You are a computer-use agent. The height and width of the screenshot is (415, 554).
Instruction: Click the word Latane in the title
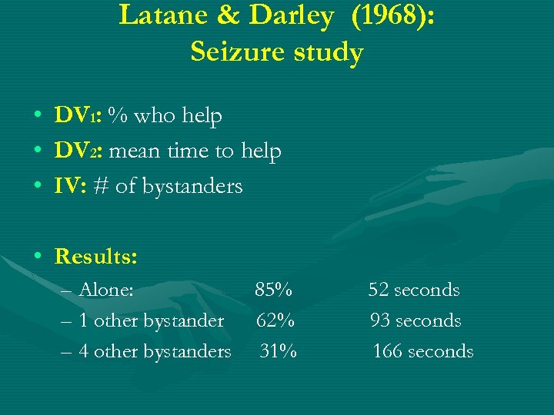tap(157, 16)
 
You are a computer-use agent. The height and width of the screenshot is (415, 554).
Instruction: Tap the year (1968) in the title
tap(392, 16)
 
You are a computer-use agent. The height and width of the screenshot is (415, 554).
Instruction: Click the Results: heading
tap(96, 256)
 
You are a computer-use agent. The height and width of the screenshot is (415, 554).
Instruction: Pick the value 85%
tap(273, 290)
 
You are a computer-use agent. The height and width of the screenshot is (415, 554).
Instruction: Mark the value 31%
tap(277, 351)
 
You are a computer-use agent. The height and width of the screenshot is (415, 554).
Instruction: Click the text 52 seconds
tap(413, 290)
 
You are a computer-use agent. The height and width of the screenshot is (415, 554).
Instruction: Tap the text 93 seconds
tap(415, 320)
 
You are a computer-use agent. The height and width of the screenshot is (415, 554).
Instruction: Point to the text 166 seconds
tap(422, 351)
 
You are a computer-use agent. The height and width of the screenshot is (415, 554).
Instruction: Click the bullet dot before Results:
tap(37, 257)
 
